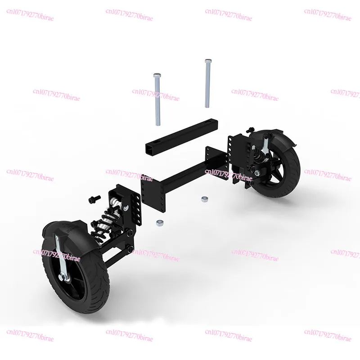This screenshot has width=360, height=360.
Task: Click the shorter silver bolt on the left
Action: point(157,101)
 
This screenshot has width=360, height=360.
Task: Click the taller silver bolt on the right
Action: point(208,85)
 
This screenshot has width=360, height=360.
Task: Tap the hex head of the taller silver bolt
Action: point(207,61)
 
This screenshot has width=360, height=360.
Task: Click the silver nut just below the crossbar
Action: point(158,222)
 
